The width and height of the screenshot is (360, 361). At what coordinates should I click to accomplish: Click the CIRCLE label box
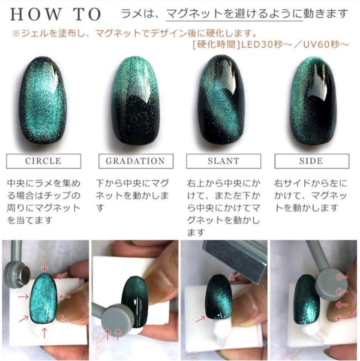point(44,161)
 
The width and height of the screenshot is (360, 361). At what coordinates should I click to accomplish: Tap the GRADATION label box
point(136,161)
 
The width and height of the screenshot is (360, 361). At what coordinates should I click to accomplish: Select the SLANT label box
point(224,161)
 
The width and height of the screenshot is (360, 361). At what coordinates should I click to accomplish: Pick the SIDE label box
point(312,161)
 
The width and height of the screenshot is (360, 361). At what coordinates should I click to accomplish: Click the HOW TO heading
point(56,14)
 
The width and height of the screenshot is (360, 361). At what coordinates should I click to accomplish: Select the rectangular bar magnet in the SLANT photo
point(235,259)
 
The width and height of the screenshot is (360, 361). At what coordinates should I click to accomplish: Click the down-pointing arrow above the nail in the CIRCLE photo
point(45,266)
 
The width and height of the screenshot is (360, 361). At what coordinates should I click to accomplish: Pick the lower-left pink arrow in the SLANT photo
point(200,319)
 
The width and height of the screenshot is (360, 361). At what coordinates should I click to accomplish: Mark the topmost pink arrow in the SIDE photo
point(341,277)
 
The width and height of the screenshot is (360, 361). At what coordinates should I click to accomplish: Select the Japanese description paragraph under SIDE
point(311,196)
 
